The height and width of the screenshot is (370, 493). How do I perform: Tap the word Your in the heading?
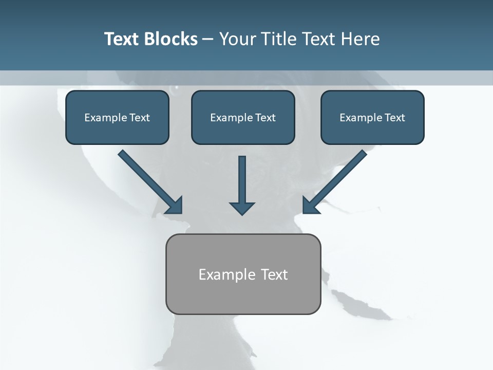238,39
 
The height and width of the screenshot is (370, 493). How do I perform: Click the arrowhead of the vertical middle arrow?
242,208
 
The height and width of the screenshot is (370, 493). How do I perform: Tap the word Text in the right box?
395,118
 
